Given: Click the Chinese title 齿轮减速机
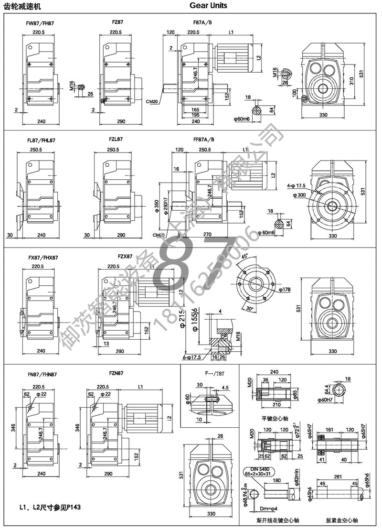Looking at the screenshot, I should pos(21,6).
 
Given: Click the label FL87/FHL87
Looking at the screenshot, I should pos(41,141).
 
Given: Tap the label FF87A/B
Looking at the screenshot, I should pos(203,140).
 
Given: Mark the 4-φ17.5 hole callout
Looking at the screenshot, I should pos(296,185).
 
